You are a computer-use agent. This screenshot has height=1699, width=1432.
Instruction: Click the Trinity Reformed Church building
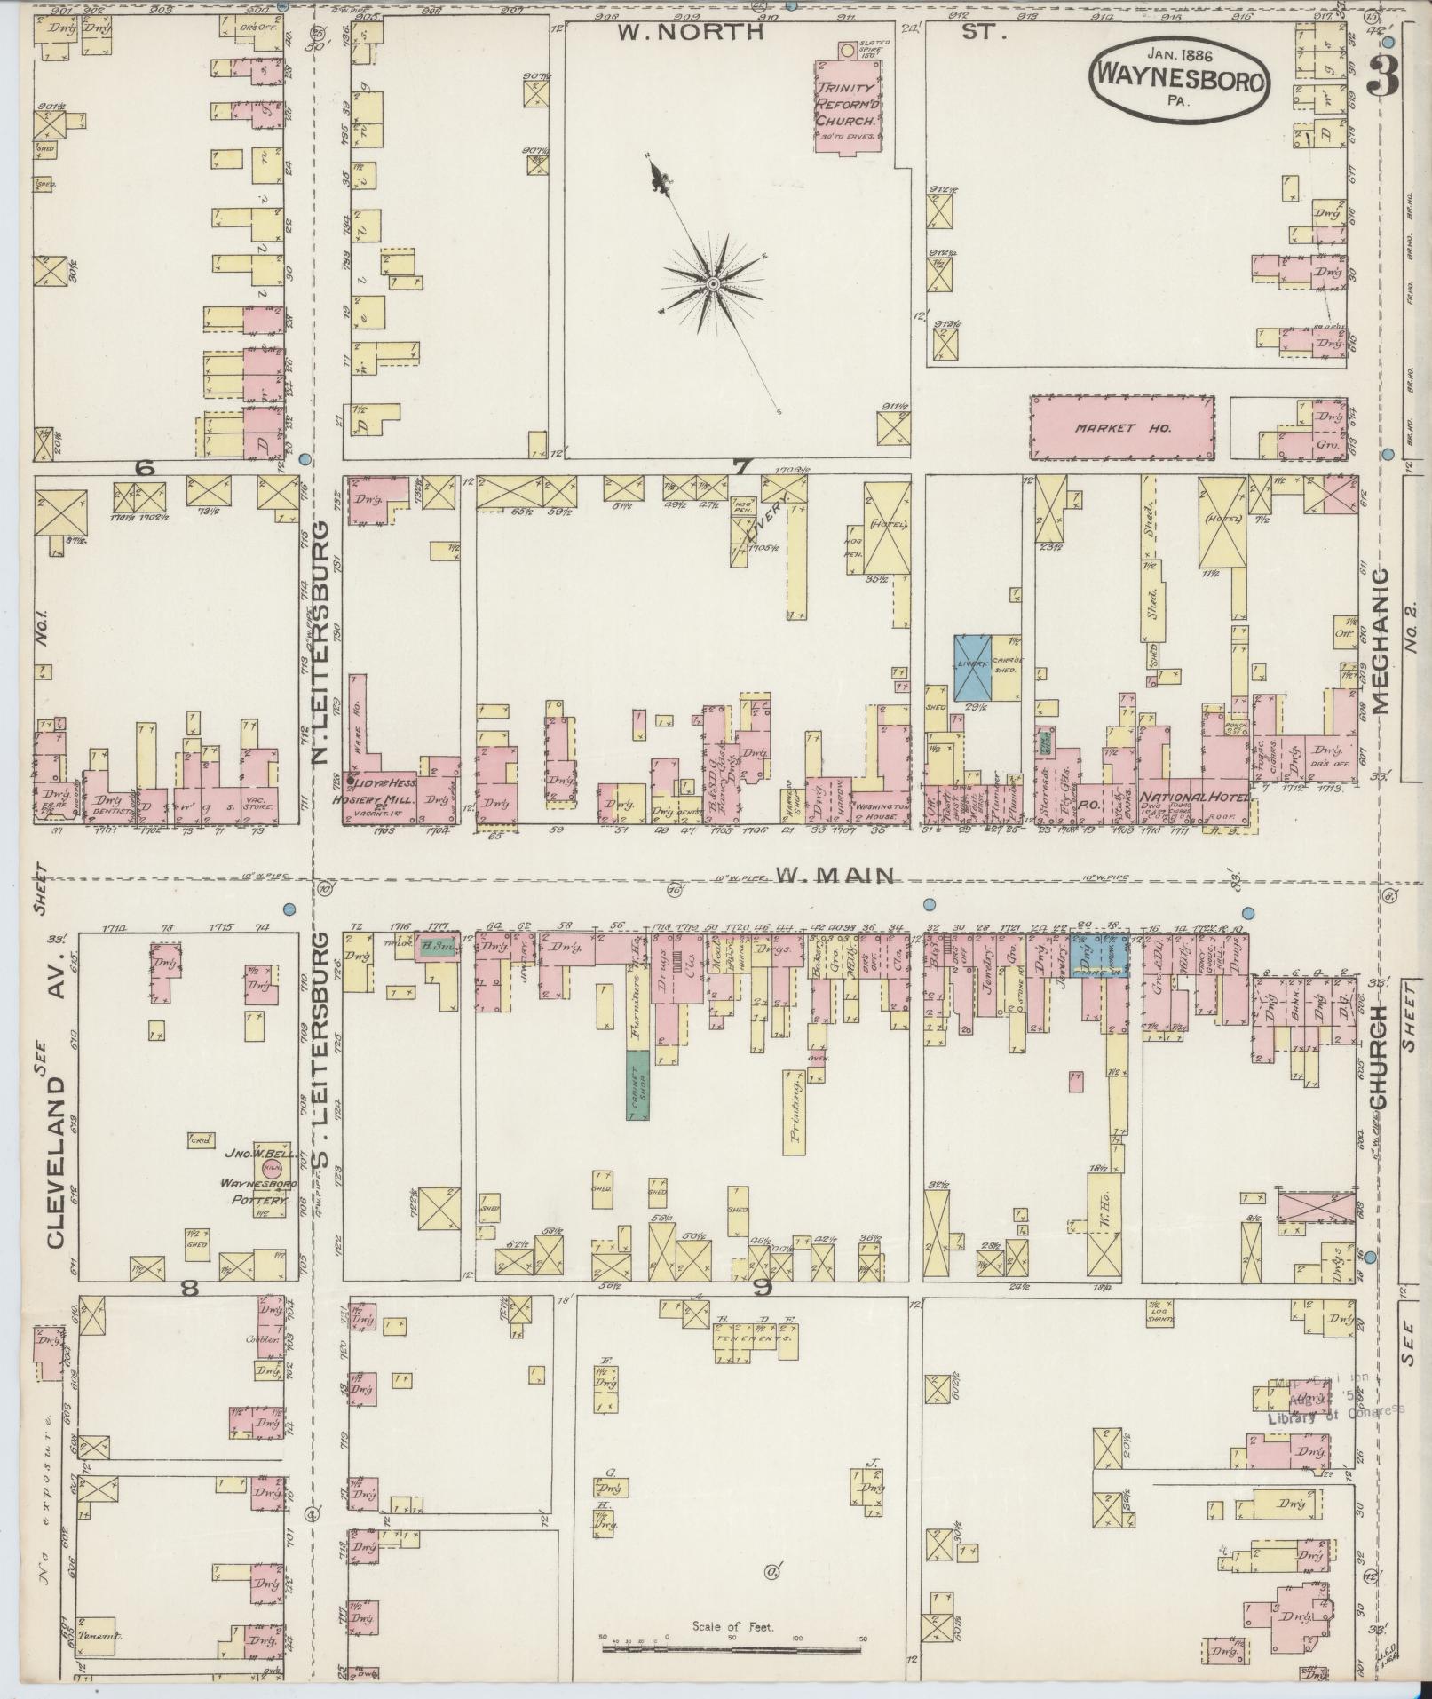click(848, 107)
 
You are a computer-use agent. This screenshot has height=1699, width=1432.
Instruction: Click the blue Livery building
click(972, 666)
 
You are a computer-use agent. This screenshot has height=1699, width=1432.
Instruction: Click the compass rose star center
click(713, 283)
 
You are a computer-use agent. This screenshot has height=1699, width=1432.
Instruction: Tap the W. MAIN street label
click(834, 876)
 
